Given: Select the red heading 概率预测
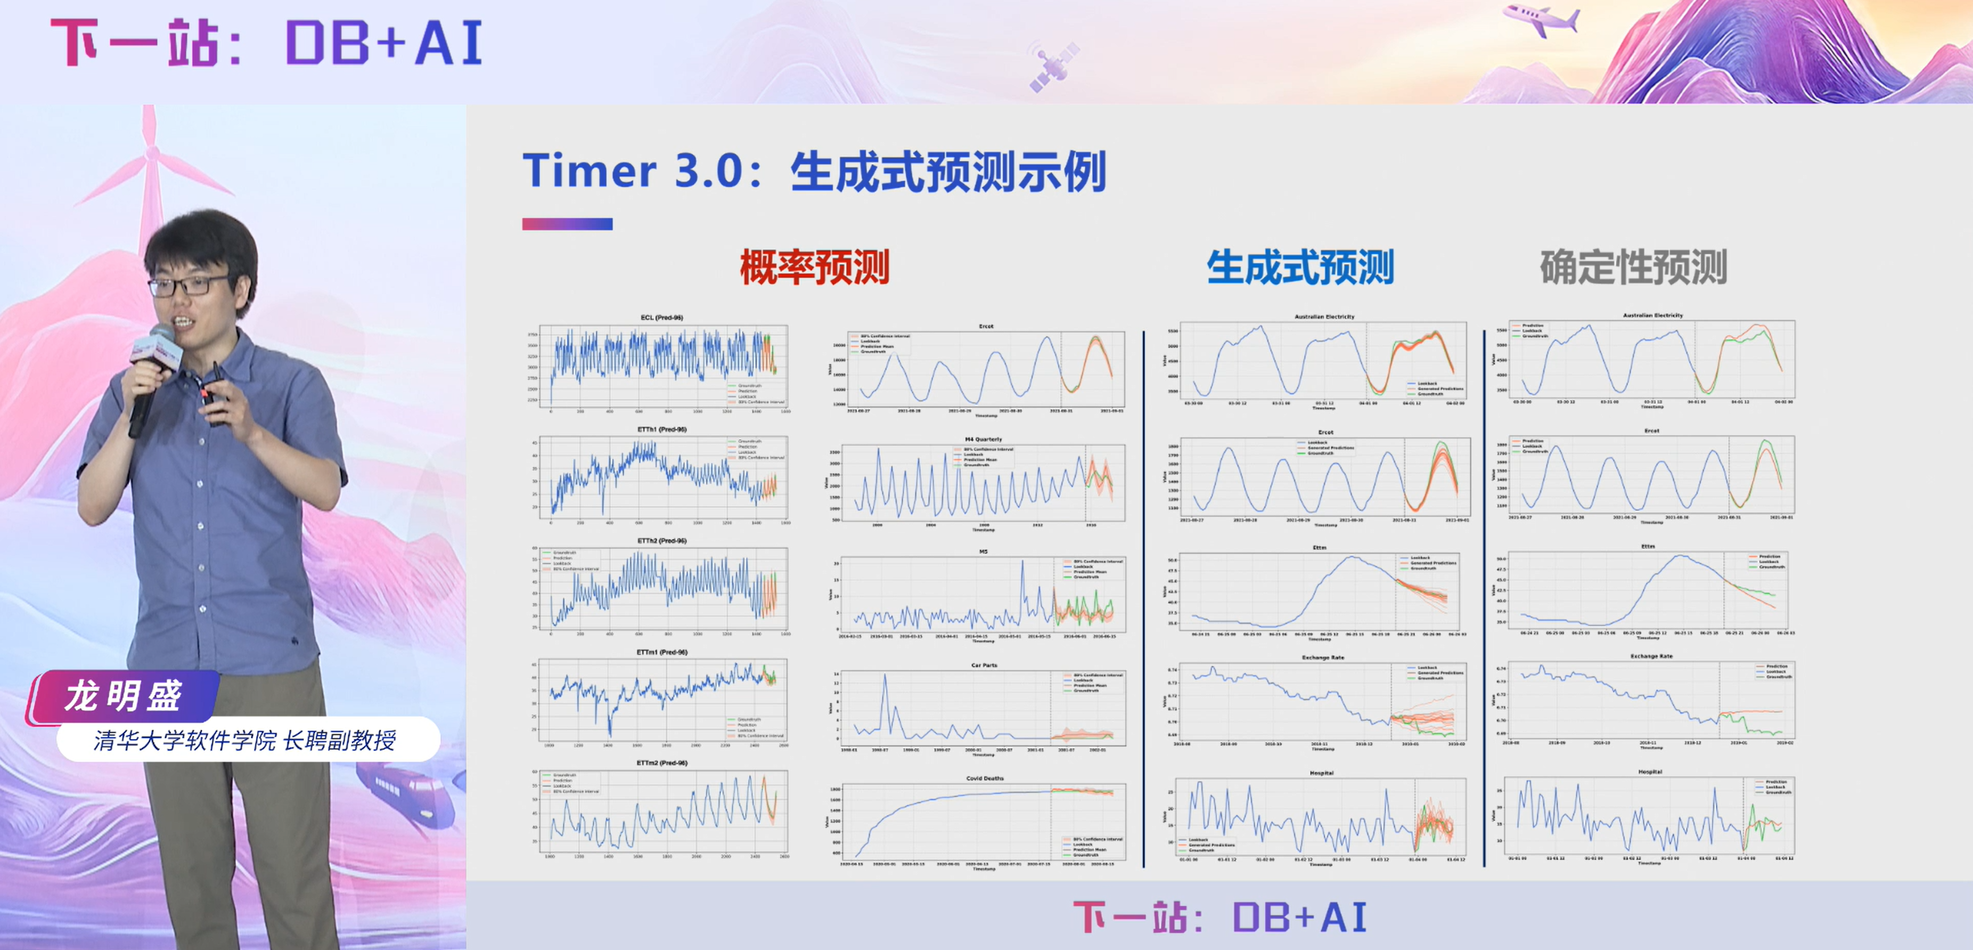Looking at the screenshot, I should coord(814,268).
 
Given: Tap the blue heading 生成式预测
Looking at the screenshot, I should coord(1300,268).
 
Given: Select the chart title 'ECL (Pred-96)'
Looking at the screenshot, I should coord(662,317).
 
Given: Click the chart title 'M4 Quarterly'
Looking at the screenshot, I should coord(984,440).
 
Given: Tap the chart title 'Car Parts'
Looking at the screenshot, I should coord(984,665).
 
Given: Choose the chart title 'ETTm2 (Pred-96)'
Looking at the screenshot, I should coord(662,763).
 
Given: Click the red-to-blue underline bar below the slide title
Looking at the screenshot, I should coord(567,224).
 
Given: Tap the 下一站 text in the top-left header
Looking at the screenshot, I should coord(135,43).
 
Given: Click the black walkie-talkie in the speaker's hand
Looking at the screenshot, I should coord(217,391).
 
